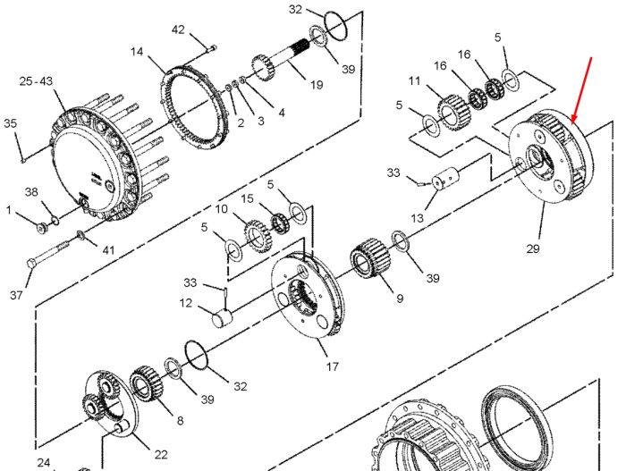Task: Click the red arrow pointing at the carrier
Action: [x=581, y=90]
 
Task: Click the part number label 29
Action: [x=533, y=248]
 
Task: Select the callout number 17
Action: [x=332, y=366]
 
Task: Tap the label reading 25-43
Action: [x=36, y=81]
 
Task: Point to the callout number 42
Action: [x=178, y=29]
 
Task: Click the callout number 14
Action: [x=137, y=52]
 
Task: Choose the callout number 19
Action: [x=317, y=85]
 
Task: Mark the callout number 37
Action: [x=16, y=295]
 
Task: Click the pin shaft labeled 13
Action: [x=446, y=179]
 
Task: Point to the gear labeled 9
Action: [x=371, y=258]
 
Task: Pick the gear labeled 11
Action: [x=454, y=111]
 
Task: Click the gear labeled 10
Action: [x=258, y=236]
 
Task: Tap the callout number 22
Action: [x=161, y=454]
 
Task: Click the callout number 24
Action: [x=44, y=463]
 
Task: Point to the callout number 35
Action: [x=11, y=123]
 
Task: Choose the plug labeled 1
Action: [x=42, y=228]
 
